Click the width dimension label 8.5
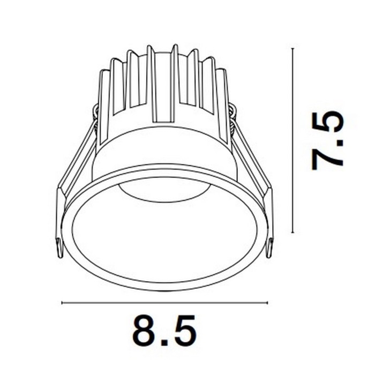(x=164, y=333)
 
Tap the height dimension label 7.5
(x=327, y=140)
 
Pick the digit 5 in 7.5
(x=327, y=122)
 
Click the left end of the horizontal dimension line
(x=63, y=303)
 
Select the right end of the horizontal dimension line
(x=266, y=303)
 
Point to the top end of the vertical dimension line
(x=292, y=49)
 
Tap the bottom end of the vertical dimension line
(x=292, y=232)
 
